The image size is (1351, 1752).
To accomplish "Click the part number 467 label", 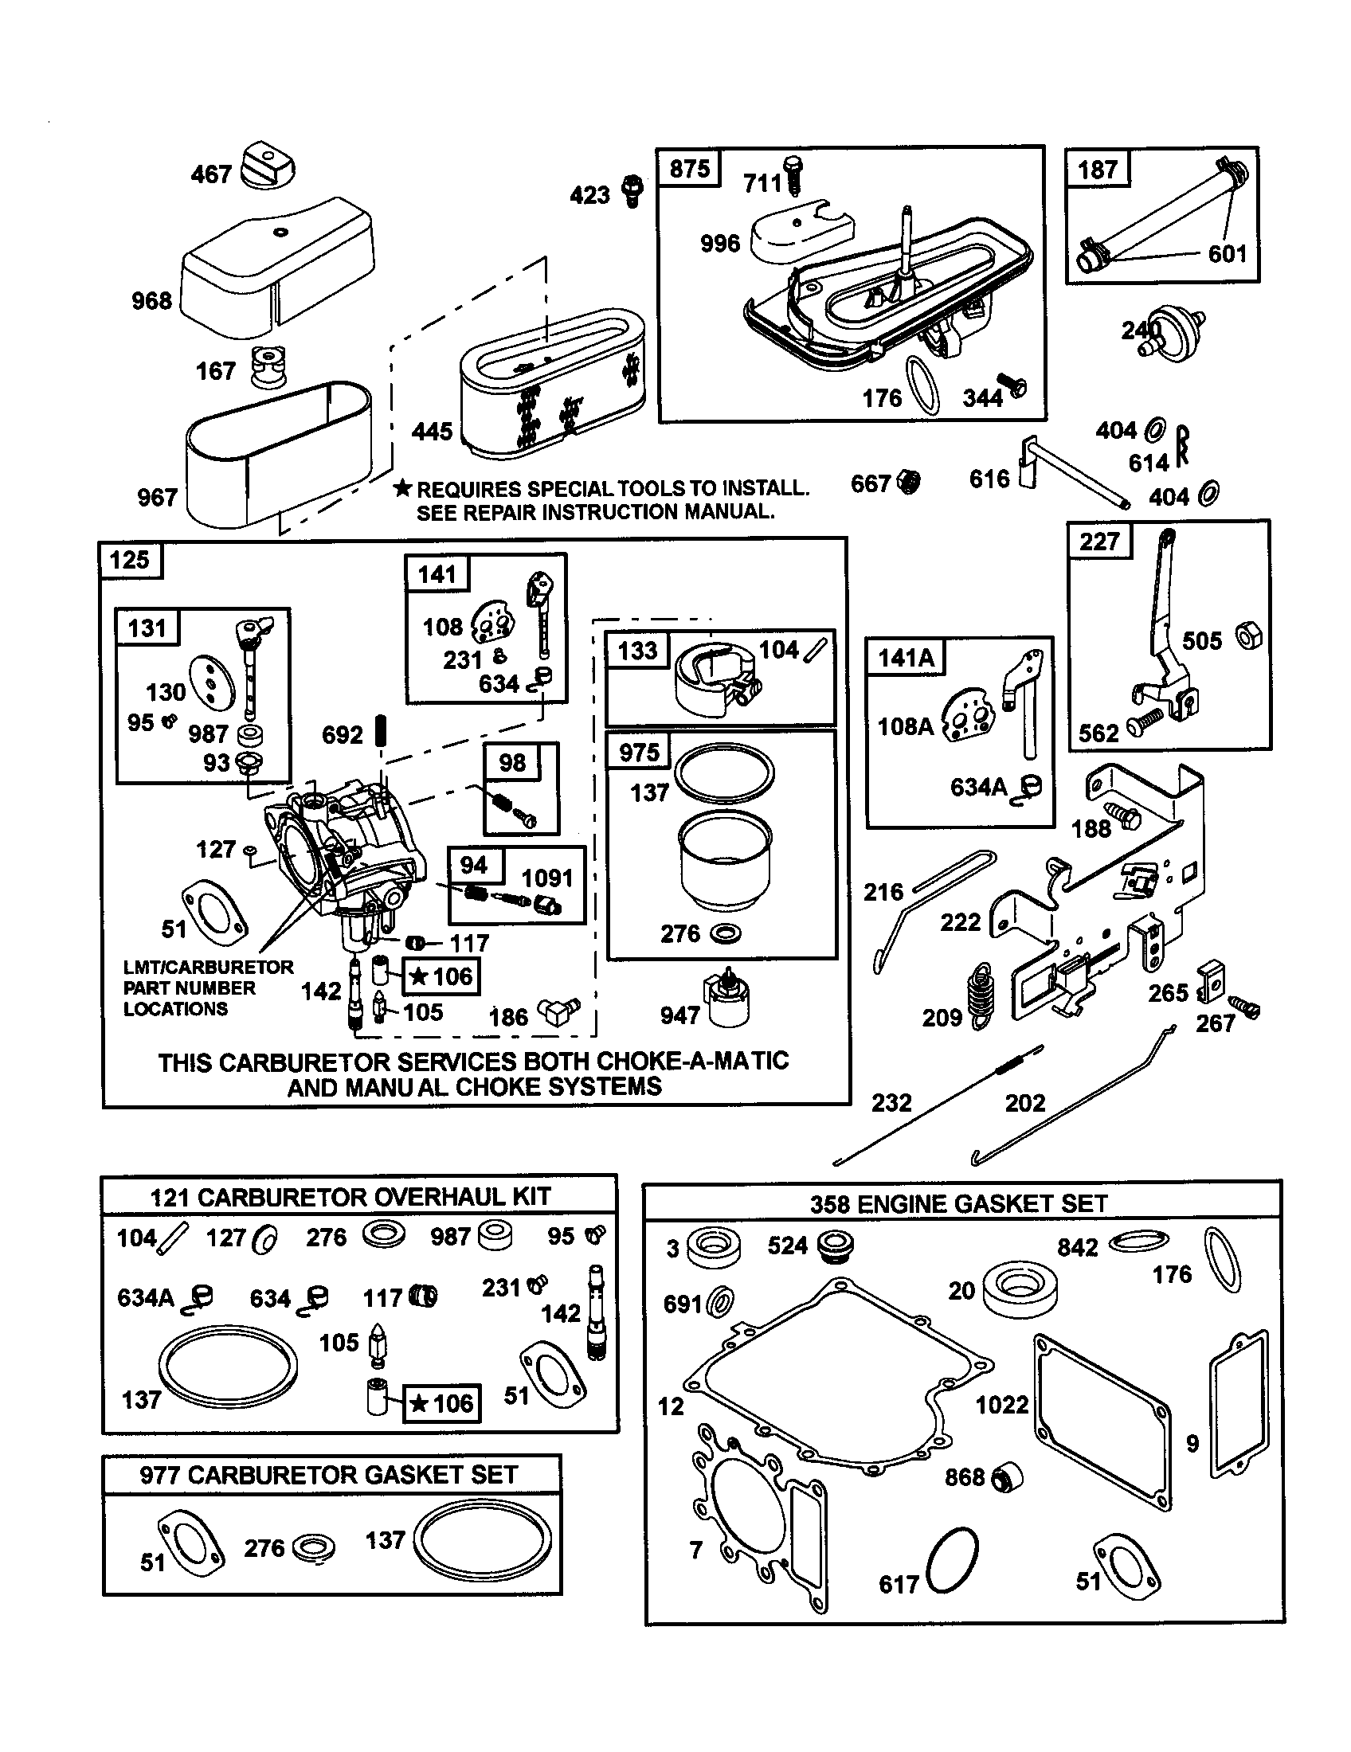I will pos(211,174).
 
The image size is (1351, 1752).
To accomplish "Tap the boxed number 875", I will pos(689,170).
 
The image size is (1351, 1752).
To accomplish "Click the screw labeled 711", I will pos(795,176).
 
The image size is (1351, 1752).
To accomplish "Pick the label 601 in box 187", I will pos(1228,254).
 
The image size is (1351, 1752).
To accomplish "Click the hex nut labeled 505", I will pos(1248,636).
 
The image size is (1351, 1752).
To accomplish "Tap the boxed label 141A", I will pos(906,658).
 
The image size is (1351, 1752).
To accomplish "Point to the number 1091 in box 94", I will pos(547,878).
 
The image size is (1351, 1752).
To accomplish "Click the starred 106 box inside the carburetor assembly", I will pos(441,976).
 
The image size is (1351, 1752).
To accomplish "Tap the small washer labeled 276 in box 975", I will pos(726,933).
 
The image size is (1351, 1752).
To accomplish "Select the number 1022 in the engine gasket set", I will pos(1002,1404).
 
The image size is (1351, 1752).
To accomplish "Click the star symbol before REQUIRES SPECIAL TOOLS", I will pos(403,487).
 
